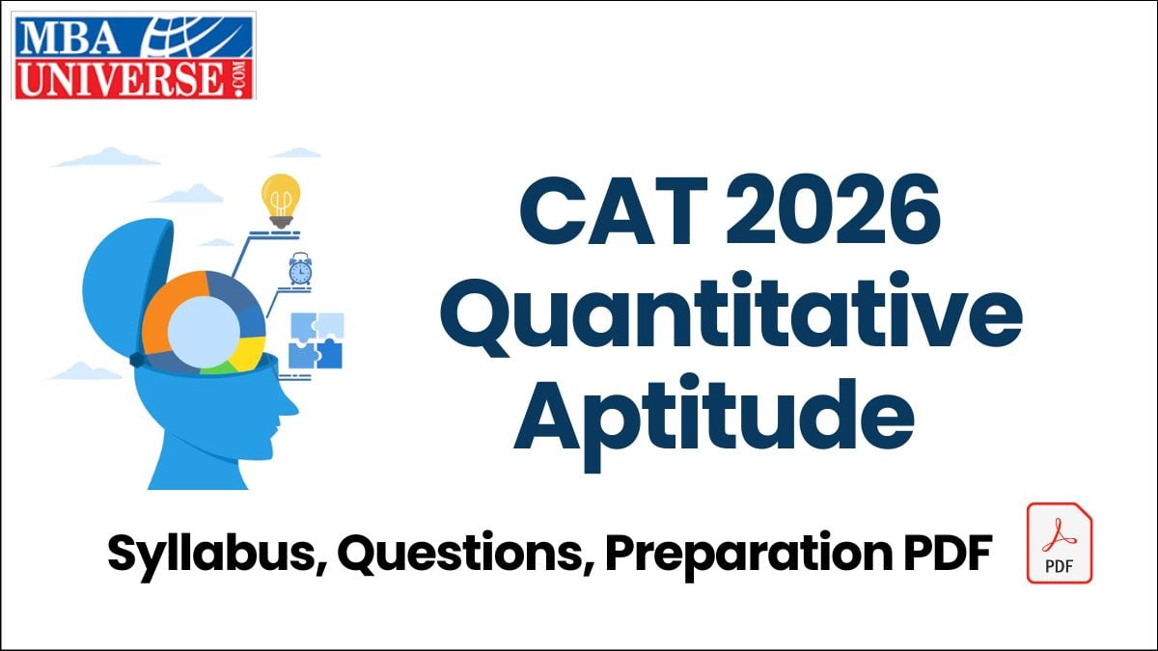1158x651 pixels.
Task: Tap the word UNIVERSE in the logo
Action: coord(120,78)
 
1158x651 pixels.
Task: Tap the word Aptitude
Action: coord(713,421)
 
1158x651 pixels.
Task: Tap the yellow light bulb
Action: coord(281,199)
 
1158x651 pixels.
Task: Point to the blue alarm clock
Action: coord(300,270)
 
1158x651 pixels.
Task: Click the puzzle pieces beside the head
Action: coord(315,340)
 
